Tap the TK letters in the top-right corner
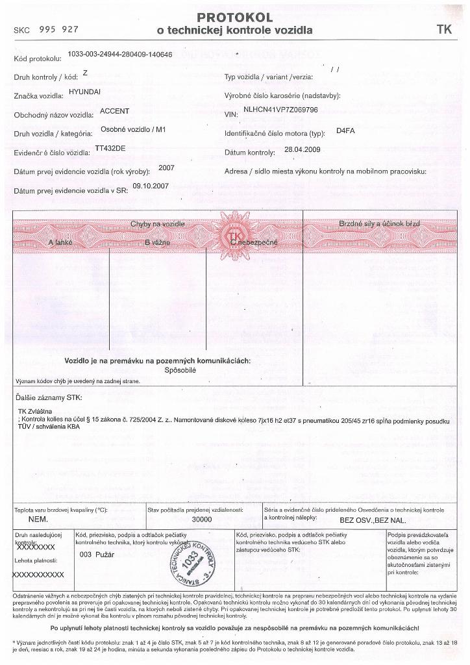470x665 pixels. point(444,29)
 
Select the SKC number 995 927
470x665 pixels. point(59,30)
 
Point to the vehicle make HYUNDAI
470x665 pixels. point(84,92)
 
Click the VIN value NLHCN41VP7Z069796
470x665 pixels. point(280,110)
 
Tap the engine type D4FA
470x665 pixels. point(345,131)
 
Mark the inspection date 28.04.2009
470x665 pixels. point(303,150)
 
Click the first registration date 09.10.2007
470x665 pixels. point(151,186)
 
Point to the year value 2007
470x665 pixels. point(166,168)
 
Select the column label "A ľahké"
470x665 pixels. point(60,242)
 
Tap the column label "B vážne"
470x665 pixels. point(157,242)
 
